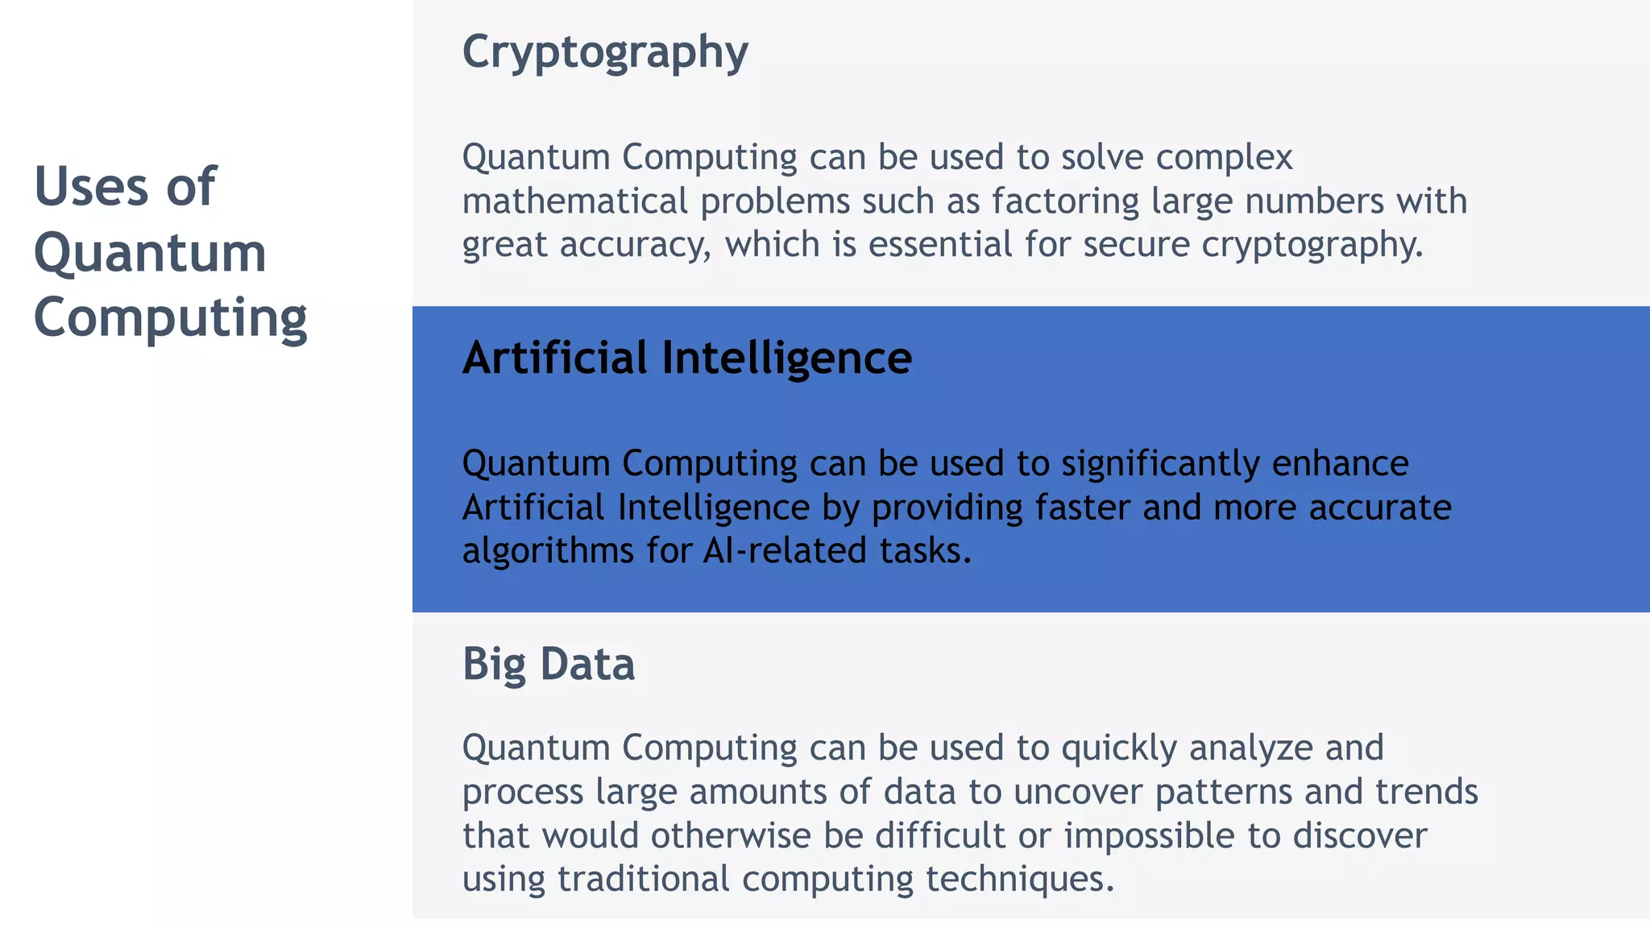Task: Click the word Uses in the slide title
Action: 92,187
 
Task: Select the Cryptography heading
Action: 605,52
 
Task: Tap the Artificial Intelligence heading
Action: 686,358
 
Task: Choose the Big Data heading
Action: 549,665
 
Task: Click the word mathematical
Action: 574,201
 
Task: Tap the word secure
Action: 1136,244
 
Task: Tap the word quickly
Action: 1119,748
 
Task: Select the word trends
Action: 1427,792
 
